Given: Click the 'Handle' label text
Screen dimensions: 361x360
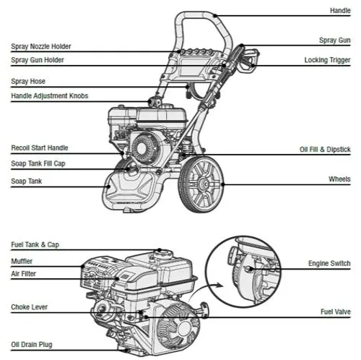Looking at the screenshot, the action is click(340, 11).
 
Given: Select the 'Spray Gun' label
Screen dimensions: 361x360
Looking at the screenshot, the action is click(334, 40).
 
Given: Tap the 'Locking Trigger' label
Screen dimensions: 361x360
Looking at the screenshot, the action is click(327, 60).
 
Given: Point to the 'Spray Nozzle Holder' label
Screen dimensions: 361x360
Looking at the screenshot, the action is click(41, 46).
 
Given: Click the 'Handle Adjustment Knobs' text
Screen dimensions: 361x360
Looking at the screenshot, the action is click(50, 96).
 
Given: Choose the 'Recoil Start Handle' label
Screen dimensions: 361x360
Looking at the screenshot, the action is click(40, 148).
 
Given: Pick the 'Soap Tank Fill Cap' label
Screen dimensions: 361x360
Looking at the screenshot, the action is click(38, 163).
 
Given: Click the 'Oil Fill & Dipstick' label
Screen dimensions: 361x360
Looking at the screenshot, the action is click(325, 150).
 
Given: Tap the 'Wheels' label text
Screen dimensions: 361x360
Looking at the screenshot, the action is click(339, 179).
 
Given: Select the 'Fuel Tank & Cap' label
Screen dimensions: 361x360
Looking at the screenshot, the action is click(35, 245).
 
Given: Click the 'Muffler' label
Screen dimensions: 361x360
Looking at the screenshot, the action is click(22, 262).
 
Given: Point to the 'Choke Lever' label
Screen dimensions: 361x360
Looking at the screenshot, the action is click(30, 307).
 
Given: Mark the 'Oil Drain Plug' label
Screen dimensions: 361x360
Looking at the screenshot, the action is click(32, 345).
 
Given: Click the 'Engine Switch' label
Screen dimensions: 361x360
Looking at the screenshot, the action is click(329, 263).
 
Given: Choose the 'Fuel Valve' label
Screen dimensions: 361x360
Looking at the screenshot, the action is click(336, 312).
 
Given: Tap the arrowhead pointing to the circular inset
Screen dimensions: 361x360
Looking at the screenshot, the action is click(219, 286).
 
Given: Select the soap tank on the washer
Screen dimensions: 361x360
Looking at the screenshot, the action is click(130, 188).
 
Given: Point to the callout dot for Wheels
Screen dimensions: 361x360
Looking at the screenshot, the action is click(223, 184).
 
